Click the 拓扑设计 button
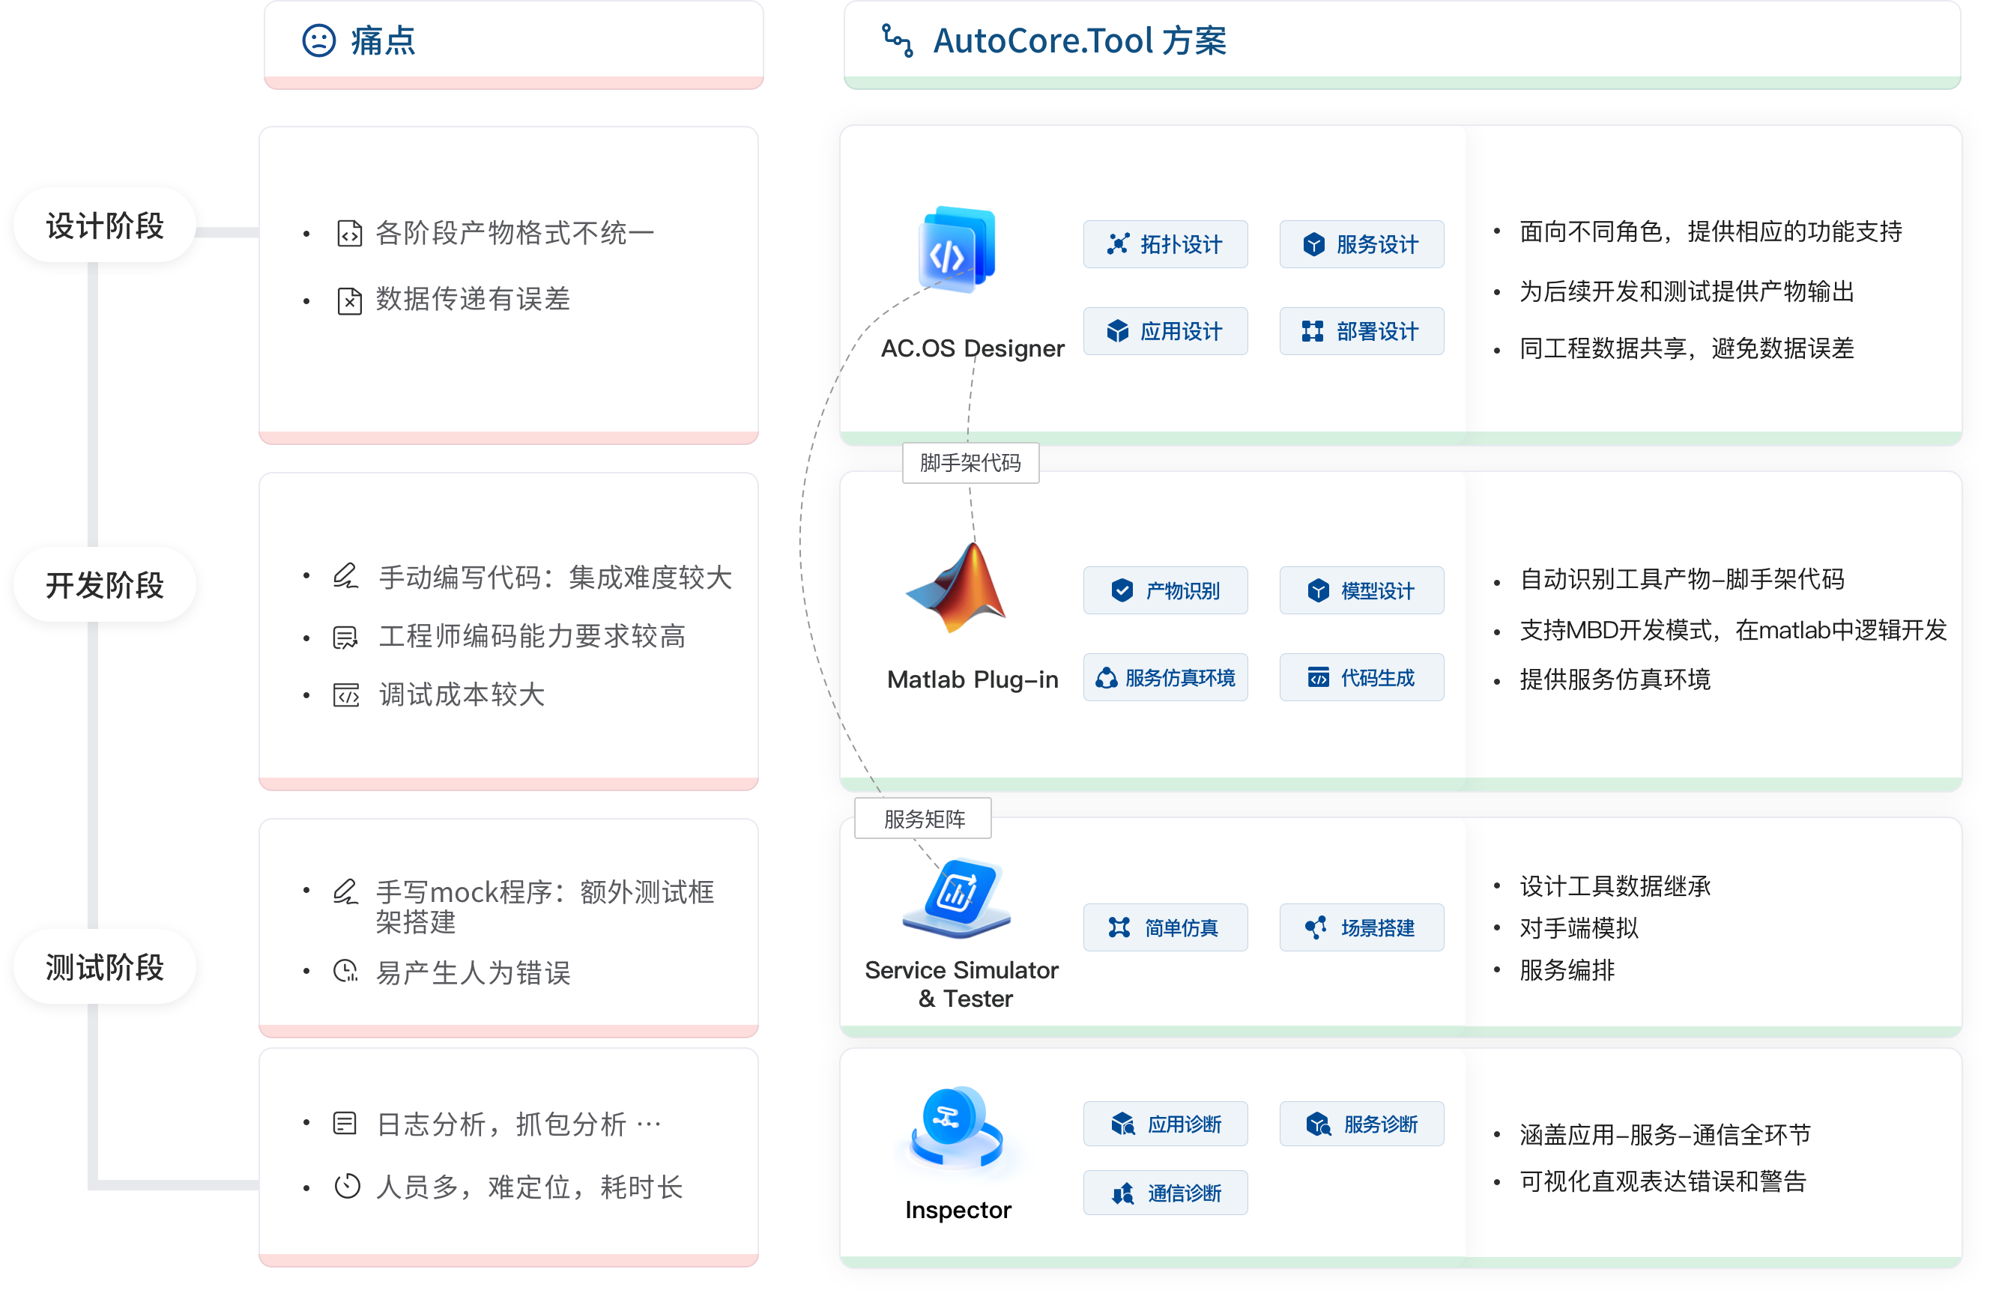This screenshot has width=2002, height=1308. coord(1165,245)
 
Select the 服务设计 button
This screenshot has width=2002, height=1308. coord(1361,245)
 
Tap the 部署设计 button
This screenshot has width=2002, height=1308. coord(1361,331)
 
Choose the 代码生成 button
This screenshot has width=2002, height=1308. coord(1361,678)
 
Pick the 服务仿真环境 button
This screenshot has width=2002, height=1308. coord(1165,678)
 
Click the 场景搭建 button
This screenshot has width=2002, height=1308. coord(1361,927)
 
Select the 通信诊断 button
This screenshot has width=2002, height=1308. coord(1165,1193)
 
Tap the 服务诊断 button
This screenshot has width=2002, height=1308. coord(1361,1124)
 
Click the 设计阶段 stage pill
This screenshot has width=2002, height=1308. coord(104,225)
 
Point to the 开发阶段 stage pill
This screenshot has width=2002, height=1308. coord(104,584)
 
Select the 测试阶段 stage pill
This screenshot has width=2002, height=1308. coord(104,966)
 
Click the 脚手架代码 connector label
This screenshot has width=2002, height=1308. coord(970,463)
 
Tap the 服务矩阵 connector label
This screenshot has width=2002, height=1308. coord(923,819)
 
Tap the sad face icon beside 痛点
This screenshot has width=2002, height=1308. coord(318,40)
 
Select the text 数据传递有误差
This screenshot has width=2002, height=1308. coord(473,300)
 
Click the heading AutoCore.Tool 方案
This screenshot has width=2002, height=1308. coord(1080,40)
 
